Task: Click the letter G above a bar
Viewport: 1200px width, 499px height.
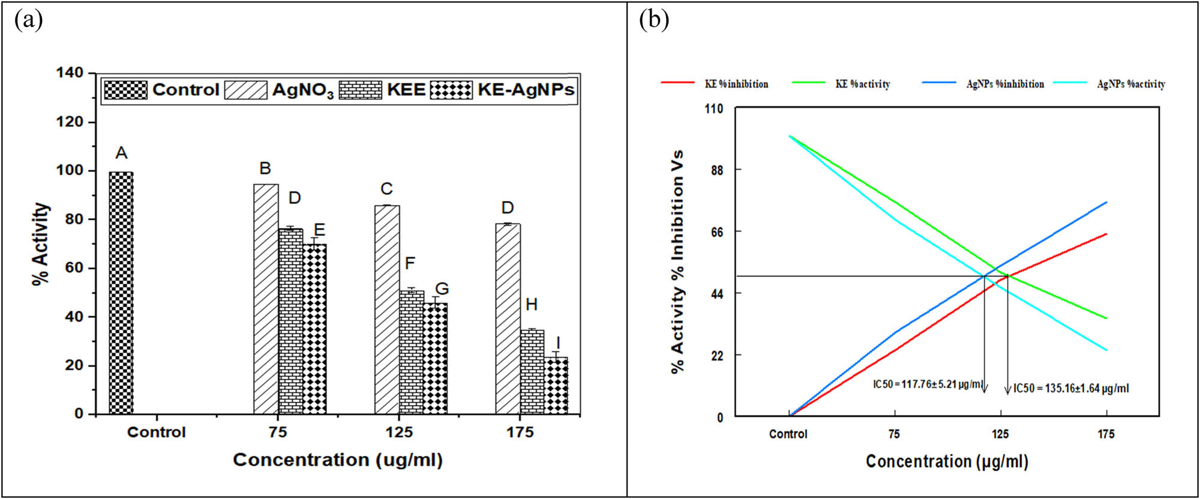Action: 442,289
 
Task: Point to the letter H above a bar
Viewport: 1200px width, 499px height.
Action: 532,305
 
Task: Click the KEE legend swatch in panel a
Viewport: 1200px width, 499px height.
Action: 360,90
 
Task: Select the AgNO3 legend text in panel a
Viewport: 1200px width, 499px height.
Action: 302,91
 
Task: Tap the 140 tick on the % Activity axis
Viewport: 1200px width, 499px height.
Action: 70,73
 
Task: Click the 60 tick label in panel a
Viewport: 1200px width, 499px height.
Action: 74,267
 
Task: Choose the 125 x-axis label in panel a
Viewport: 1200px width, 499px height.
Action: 399,432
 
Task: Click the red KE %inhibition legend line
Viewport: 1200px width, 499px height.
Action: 677,82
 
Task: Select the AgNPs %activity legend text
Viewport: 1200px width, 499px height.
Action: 1131,85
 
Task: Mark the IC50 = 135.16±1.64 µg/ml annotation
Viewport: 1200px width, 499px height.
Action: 1071,389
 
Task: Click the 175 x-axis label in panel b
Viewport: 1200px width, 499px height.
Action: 1106,434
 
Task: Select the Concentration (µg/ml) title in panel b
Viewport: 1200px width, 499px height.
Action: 947,461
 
